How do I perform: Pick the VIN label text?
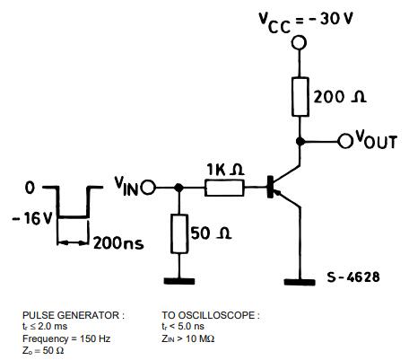point(126,186)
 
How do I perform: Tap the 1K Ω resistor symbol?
point(222,188)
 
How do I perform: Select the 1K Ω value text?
point(223,169)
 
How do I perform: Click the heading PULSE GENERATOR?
point(72,315)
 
